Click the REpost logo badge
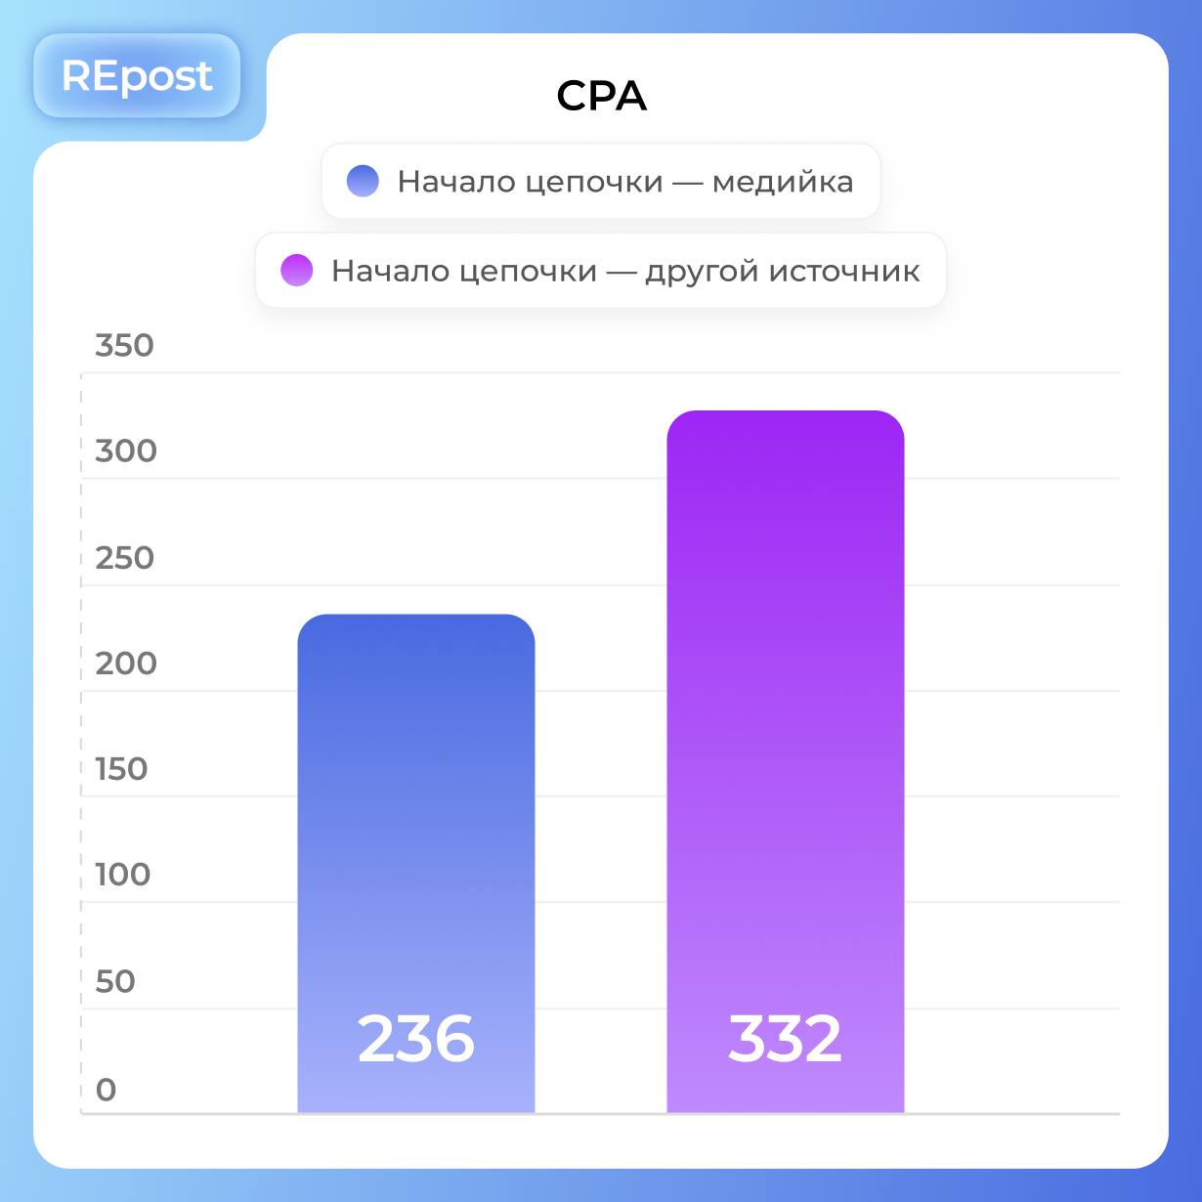pyautogui.click(x=137, y=76)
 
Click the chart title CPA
pyautogui.click(x=601, y=96)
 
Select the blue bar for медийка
pyautogui.click(x=416, y=831)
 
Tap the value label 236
pyautogui.click(x=416, y=1039)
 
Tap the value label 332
pyautogui.click(x=785, y=1039)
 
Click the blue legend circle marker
pyautogui.click(x=363, y=181)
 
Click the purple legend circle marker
pyautogui.click(x=296, y=270)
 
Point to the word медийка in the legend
pyautogui.click(x=782, y=182)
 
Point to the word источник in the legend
pyautogui.click(x=844, y=271)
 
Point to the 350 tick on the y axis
pyautogui.click(x=124, y=345)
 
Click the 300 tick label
pyautogui.click(x=125, y=451)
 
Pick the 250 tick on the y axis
pyautogui.click(x=124, y=558)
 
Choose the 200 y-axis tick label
pyautogui.click(x=125, y=664)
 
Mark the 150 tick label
pyautogui.click(x=121, y=769)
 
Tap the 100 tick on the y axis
pyautogui.click(x=122, y=875)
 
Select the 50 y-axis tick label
pyautogui.click(x=114, y=981)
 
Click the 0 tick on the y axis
pyautogui.click(x=106, y=1089)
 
